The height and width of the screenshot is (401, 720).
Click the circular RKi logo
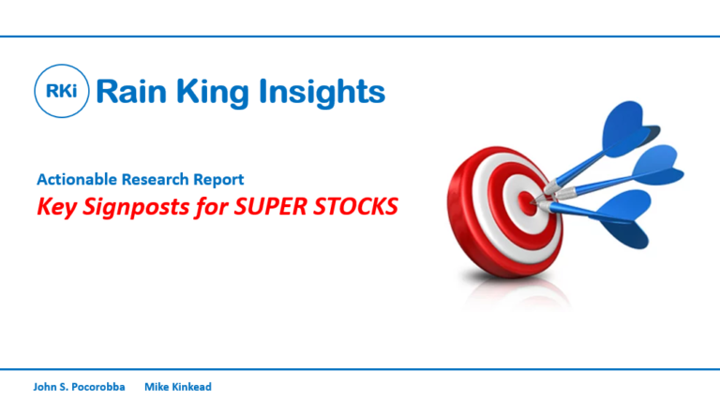coord(62,91)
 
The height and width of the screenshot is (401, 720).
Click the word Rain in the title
coord(131,91)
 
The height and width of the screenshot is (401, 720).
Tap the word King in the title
coord(212,94)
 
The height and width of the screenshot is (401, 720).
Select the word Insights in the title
coord(322,94)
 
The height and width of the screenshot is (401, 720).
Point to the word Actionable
coord(77,179)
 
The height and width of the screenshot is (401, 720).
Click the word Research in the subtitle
coord(155,179)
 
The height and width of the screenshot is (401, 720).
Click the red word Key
coord(56,207)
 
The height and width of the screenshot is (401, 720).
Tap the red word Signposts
coord(135,207)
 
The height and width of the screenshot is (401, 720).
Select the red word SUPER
coord(270,206)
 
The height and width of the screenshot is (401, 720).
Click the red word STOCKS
coord(355,206)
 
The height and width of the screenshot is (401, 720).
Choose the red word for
coord(211,206)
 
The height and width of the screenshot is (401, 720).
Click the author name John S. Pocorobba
coord(79,387)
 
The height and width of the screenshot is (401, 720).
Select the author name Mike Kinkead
coord(178,387)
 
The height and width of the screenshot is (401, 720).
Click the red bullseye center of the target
coord(527,202)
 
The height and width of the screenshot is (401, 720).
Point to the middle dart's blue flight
coord(655,167)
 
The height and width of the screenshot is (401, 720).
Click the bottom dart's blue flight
coord(624,218)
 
